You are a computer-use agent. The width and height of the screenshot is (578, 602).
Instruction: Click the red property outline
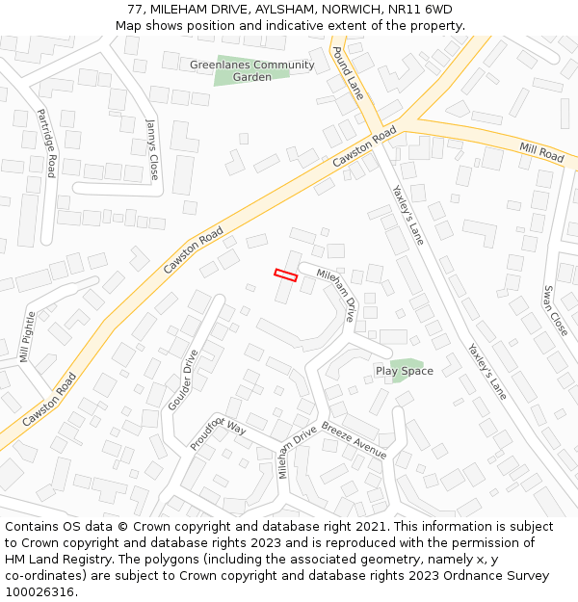[285, 275]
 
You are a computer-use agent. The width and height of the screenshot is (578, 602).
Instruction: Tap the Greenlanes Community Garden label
[252, 70]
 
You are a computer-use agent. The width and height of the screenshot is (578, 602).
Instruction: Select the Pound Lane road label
[348, 71]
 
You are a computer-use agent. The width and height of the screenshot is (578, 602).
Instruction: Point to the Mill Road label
[541, 151]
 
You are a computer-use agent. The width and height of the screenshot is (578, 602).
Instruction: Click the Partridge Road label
[46, 143]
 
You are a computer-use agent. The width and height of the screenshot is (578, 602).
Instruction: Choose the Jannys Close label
[152, 149]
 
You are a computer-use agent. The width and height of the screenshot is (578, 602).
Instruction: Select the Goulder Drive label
[183, 380]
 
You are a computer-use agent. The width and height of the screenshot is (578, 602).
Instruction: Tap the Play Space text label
[405, 371]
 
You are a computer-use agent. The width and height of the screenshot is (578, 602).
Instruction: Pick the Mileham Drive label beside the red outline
[336, 294]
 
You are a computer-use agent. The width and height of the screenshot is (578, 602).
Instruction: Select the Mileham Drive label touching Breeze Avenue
[298, 452]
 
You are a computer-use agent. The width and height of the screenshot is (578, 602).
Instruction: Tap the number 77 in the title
[134, 10]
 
